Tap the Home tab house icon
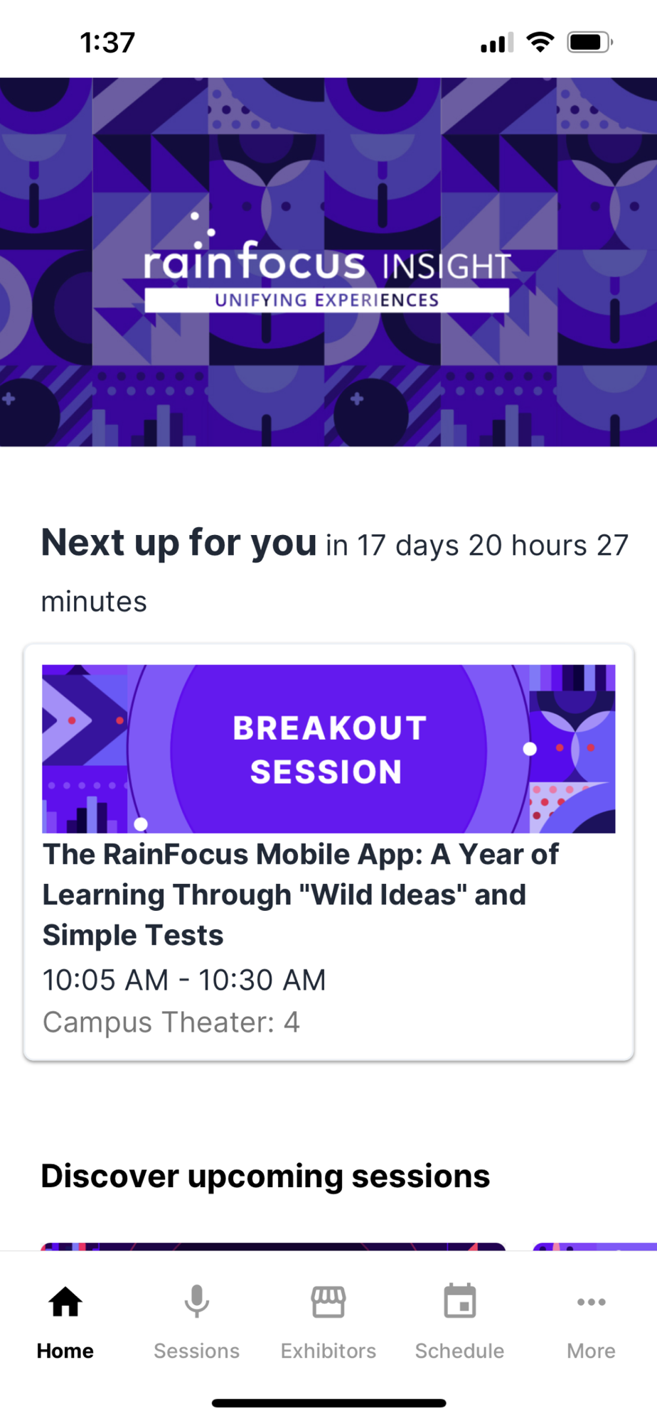[65, 1302]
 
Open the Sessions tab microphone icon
[197, 1302]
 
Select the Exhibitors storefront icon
[328, 1302]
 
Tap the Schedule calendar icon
[460, 1302]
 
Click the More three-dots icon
[592, 1302]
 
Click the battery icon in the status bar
[590, 42]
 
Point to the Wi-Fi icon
[540, 42]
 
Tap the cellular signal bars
[497, 43]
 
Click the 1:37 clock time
[107, 43]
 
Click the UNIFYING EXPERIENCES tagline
[327, 300]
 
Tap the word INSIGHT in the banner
[447, 266]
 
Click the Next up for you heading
[178, 543]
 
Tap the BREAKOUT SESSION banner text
[328, 750]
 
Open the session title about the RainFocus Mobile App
[301, 895]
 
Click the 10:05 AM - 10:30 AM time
[184, 980]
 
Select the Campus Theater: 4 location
[171, 1022]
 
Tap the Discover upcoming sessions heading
[265, 1176]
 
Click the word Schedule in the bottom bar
[460, 1351]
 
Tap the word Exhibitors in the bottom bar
[328, 1351]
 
